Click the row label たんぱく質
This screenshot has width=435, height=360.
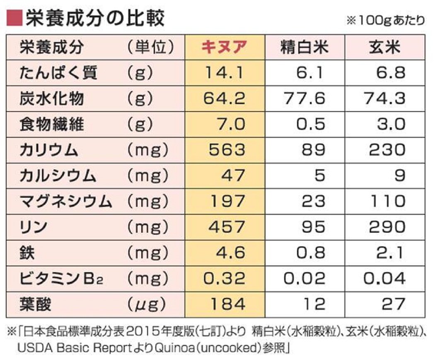[58, 73]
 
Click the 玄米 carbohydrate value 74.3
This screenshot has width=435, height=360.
[385, 98]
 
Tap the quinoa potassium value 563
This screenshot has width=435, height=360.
[227, 150]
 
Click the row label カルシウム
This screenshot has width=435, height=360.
[58, 175]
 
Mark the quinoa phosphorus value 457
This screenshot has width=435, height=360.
[227, 227]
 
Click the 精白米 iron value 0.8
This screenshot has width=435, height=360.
[311, 253]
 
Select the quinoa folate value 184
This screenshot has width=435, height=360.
[227, 304]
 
